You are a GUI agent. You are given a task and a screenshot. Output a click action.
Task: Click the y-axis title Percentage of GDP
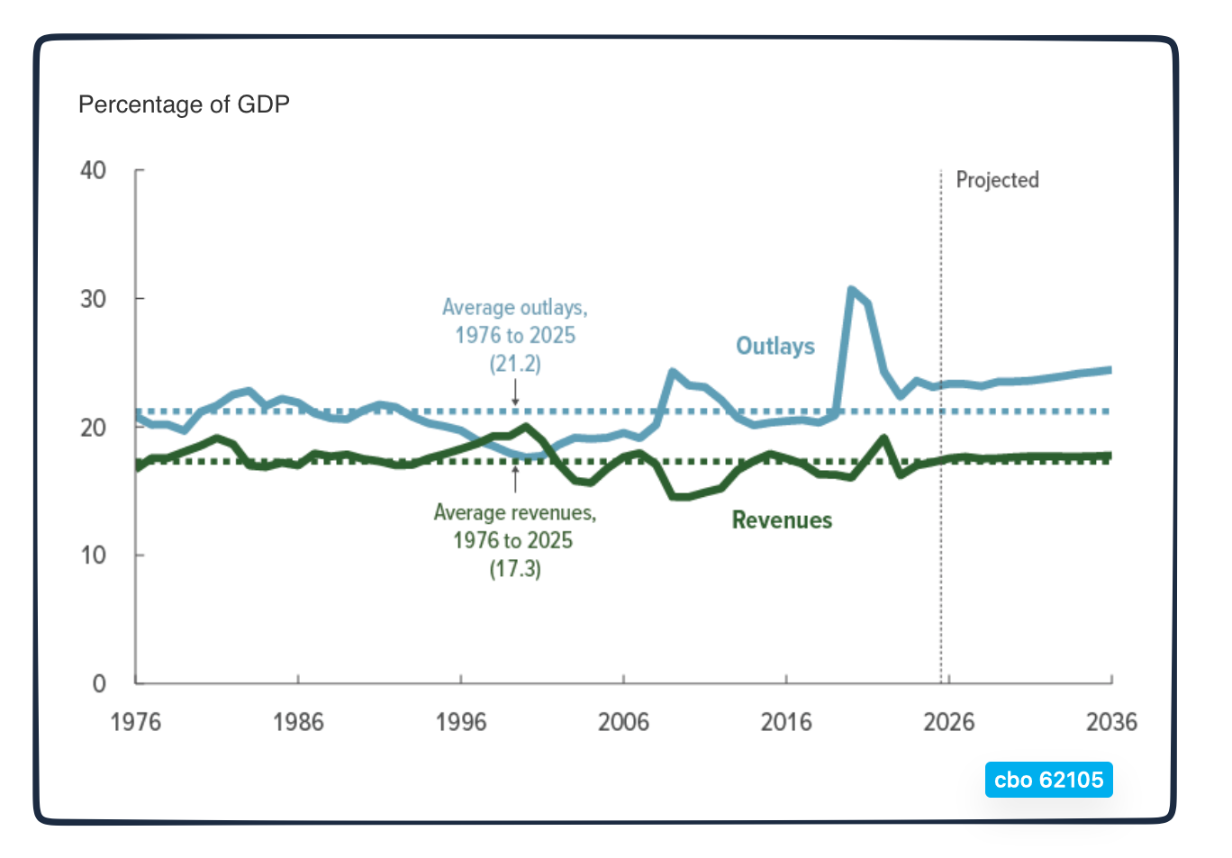tap(184, 104)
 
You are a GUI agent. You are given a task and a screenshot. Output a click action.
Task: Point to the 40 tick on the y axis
tap(93, 170)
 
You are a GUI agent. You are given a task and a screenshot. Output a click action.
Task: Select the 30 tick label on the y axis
tap(93, 299)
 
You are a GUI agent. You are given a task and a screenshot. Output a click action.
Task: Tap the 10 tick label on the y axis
tap(93, 555)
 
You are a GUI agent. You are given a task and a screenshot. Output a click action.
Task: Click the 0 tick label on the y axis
tap(99, 684)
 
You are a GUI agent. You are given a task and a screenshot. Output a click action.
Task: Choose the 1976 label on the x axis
tap(135, 722)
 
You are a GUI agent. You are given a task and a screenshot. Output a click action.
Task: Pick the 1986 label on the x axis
tap(298, 722)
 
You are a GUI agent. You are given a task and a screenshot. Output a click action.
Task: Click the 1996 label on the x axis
tap(461, 722)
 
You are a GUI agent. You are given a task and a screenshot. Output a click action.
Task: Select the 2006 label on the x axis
tap(623, 722)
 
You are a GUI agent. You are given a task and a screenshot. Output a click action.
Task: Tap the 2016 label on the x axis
tap(786, 722)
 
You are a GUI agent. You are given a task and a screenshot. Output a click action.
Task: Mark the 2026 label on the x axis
tap(948, 722)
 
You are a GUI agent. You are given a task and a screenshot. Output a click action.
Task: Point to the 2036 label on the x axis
tap(1111, 722)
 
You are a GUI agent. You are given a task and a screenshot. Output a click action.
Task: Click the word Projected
tap(997, 180)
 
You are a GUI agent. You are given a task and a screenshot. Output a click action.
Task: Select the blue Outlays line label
tap(775, 347)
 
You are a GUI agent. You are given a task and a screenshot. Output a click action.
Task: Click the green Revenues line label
tap(782, 520)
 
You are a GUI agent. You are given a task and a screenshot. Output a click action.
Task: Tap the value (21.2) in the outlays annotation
tap(515, 364)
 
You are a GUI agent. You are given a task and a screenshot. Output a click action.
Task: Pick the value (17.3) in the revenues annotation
tap(515, 569)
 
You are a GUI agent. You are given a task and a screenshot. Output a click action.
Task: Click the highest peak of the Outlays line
tap(851, 290)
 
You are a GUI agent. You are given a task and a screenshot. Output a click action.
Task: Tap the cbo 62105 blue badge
tap(1048, 780)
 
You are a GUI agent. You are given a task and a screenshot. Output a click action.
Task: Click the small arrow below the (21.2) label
tap(515, 393)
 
